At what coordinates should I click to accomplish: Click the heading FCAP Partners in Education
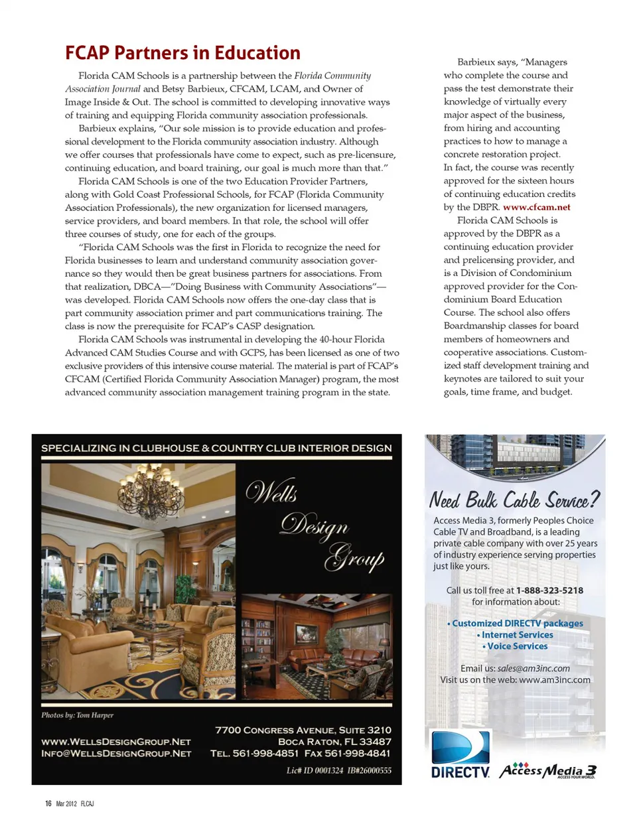182,53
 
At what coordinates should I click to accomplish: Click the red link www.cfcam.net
536,207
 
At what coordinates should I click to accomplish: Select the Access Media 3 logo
548,770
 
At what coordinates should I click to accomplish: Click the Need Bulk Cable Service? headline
514,500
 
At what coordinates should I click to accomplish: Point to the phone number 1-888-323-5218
549,590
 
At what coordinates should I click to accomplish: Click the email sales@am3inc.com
533,669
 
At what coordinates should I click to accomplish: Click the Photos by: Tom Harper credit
77,715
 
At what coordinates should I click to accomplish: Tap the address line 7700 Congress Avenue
303,730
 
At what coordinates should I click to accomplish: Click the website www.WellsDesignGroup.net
116,742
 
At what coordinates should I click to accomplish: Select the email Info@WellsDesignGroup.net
116,754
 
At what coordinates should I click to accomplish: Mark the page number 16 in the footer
48,803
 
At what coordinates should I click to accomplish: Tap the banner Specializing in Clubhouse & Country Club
216,448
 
